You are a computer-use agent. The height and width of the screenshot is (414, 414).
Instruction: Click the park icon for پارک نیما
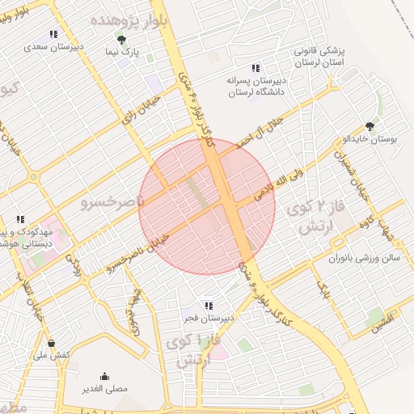click(x=121, y=39)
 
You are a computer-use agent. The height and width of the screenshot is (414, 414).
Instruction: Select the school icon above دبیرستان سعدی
click(x=53, y=34)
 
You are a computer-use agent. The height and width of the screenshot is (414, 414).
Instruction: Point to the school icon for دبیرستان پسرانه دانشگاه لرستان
click(x=256, y=68)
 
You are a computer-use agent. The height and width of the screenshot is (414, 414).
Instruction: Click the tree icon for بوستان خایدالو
click(x=370, y=125)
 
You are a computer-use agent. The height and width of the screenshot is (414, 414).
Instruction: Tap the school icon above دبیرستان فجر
click(x=209, y=305)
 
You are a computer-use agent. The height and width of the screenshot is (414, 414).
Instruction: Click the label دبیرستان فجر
click(x=209, y=319)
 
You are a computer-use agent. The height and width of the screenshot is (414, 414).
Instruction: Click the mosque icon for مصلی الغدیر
click(x=105, y=376)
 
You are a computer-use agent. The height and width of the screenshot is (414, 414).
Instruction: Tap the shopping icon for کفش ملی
click(x=52, y=342)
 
